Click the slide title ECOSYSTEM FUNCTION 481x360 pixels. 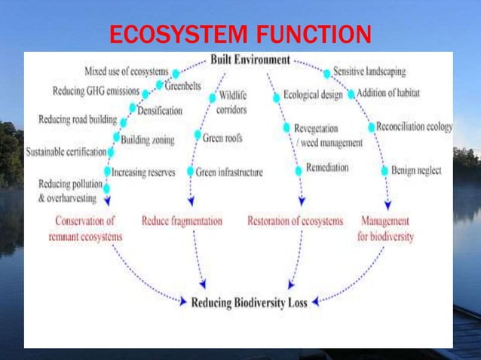[x=240, y=35]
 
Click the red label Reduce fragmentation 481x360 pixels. [x=182, y=221]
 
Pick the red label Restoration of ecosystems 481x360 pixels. [x=295, y=221]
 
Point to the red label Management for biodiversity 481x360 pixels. [x=384, y=228]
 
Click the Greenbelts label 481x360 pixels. [x=183, y=87]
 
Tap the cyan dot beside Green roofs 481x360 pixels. [x=197, y=136]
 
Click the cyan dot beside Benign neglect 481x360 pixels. [x=384, y=170]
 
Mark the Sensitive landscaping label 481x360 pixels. [x=369, y=72]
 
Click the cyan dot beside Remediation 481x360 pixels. [x=299, y=168]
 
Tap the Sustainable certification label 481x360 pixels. [x=66, y=151]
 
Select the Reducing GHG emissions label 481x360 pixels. [x=96, y=92]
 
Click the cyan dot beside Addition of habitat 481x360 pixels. [x=351, y=95]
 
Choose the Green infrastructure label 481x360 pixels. [x=229, y=172]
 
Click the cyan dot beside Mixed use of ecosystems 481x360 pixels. [x=176, y=74]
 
